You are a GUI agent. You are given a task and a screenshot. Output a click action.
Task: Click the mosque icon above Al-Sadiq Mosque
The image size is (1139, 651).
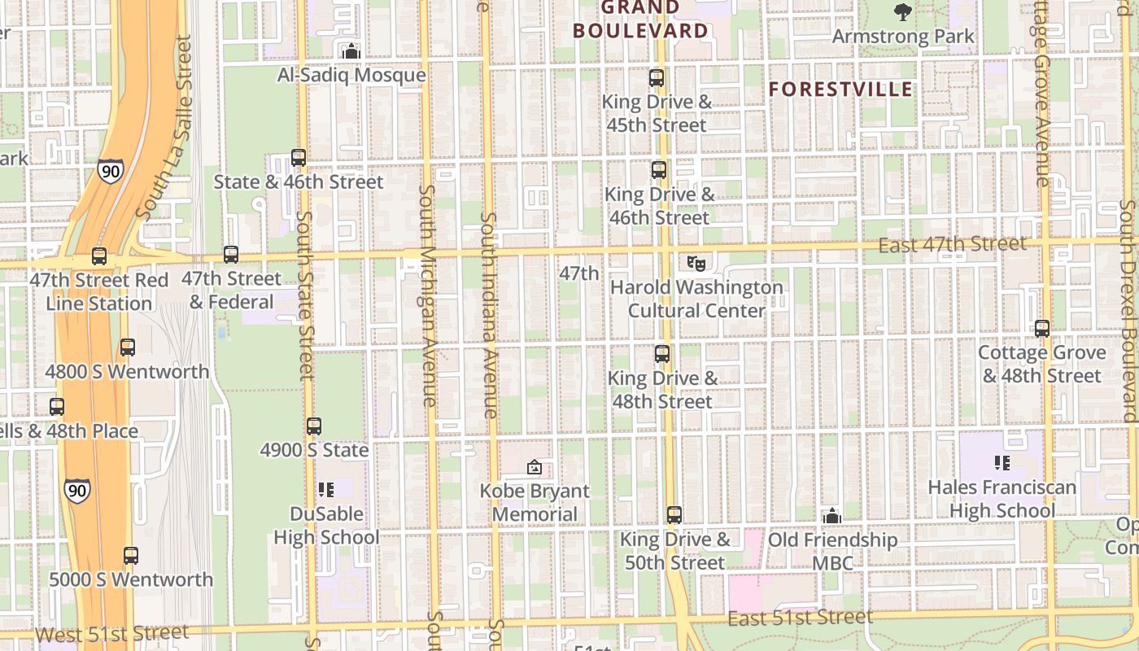coord(351,51)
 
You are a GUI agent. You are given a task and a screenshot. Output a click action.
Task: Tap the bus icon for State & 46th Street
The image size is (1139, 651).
coord(299,158)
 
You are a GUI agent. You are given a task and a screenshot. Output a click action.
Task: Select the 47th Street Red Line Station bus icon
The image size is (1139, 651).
coord(99,256)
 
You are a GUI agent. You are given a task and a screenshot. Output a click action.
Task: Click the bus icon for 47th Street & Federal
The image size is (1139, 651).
coord(231,255)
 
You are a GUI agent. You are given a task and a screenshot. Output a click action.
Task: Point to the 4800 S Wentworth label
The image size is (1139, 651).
coord(127,372)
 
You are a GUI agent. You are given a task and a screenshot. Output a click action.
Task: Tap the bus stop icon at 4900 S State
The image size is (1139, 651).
coord(314,426)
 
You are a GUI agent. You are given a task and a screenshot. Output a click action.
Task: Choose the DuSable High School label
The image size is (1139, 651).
coord(326,526)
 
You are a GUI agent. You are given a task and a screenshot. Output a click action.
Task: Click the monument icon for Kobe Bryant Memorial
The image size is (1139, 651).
coord(535,467)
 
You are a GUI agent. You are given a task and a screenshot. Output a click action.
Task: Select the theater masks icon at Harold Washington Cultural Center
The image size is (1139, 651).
coord(696,263)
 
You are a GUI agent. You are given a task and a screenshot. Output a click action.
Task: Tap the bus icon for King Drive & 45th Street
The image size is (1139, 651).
coord(657,78)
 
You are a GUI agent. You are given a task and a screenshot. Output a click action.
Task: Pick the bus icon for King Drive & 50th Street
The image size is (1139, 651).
coord(674,515)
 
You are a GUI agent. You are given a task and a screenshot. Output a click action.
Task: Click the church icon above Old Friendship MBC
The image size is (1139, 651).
coord(831,516)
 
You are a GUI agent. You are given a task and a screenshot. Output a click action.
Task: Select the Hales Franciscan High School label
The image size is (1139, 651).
coord(1002,499)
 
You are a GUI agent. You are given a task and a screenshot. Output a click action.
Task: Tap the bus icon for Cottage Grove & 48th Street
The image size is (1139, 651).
coord(1042,329)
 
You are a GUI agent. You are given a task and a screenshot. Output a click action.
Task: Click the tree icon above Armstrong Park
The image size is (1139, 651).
coord(903,11)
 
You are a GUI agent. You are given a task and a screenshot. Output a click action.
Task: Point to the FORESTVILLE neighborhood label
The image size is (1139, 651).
coord(841,90)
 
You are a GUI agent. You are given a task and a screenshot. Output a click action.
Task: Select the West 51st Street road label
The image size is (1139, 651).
coord(112,633)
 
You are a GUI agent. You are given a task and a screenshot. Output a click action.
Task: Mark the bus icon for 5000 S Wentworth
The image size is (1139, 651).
coord(131,556)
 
